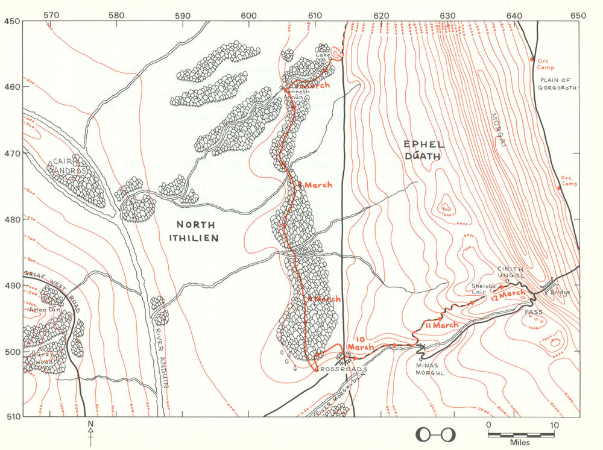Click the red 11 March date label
point(441,325)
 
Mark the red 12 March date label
point(508,294)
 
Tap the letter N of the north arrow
point(90,424)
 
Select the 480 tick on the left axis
point(11,219)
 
